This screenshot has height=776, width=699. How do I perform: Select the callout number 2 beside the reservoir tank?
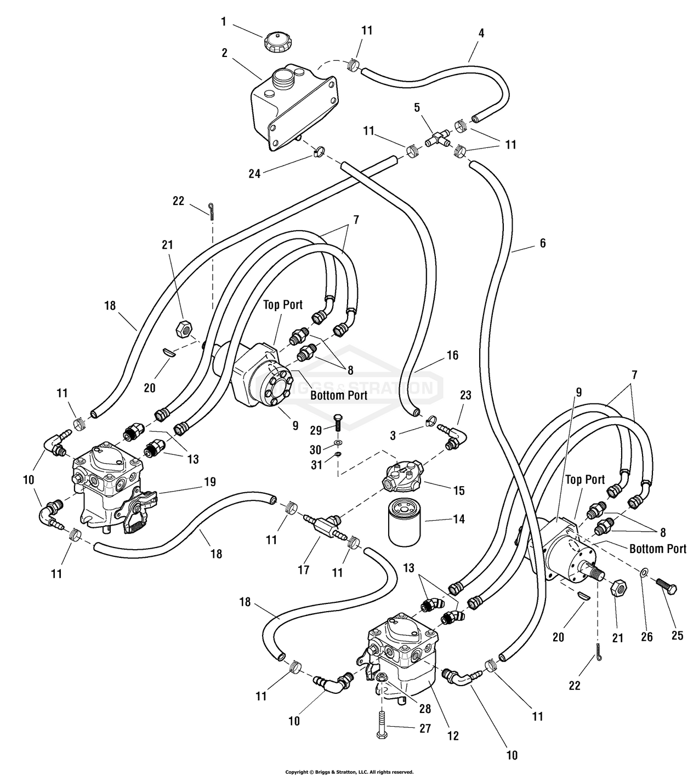225,53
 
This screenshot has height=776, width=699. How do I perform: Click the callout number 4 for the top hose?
481,33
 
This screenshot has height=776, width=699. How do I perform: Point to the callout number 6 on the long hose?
543,242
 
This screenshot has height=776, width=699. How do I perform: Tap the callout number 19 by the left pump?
209,482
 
